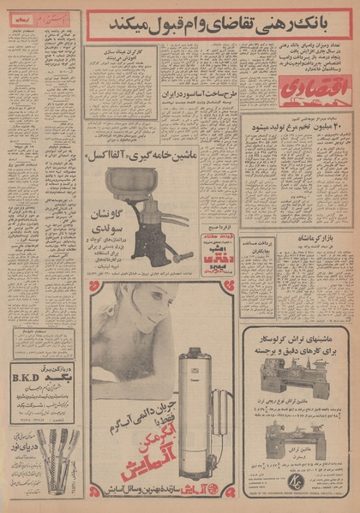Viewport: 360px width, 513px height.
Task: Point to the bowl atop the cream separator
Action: pyautogui.click(x=131, y=182)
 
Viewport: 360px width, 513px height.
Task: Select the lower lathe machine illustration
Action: pyautogui.click(x=297, y=438)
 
